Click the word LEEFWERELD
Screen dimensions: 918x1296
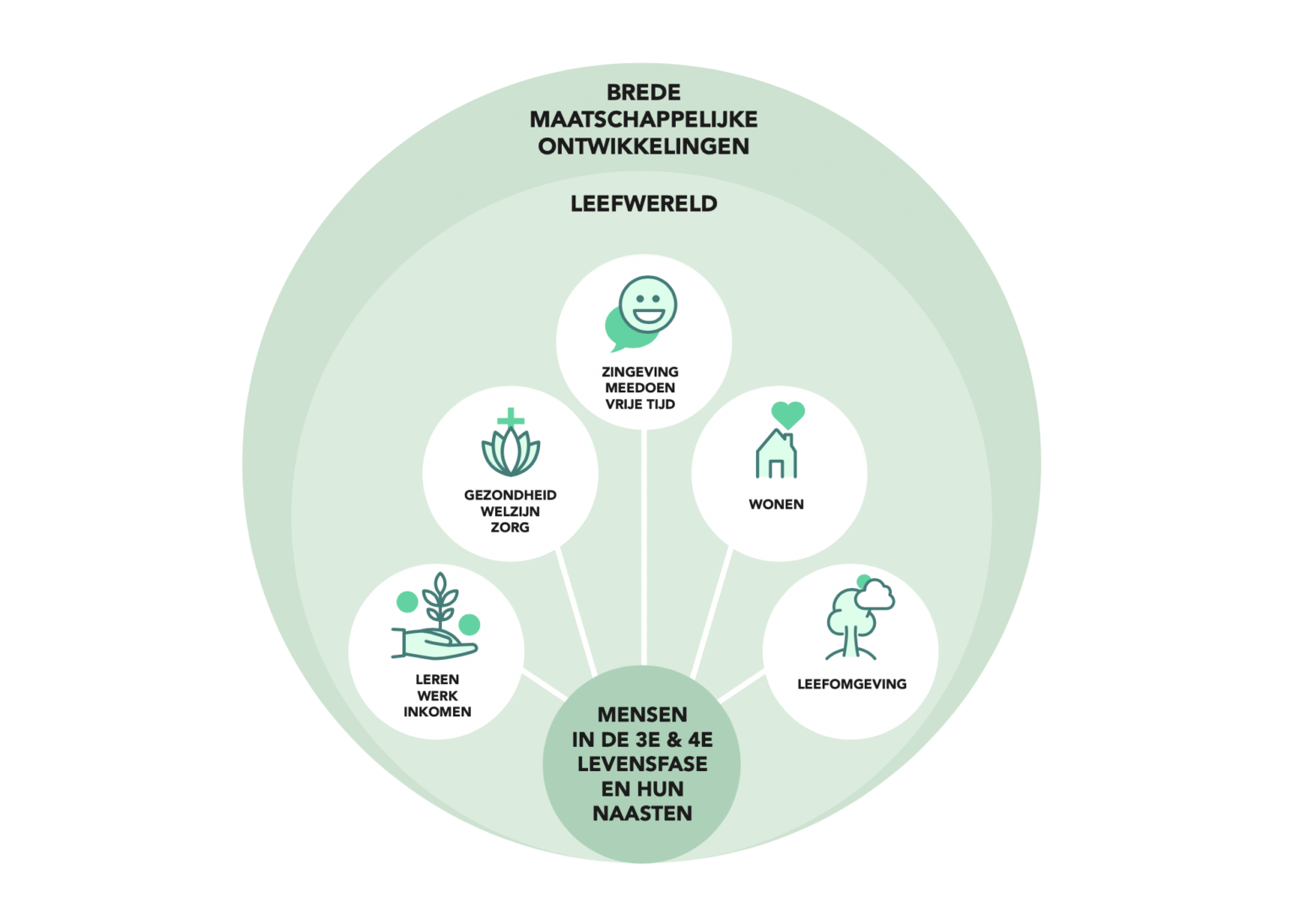click(x=644, y=203)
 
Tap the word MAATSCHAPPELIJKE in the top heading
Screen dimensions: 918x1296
click(x=644, y=119)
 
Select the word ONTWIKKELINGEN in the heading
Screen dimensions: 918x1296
click(x=644, y=146)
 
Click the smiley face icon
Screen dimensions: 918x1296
click(x=648, y=304)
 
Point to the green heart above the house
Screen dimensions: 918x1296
click(x=788, y=414)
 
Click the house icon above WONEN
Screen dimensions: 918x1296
click(x=776, y=456)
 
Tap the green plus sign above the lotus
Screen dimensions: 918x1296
click(x=510, y=418)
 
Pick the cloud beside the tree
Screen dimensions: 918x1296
click(x=875, y=595)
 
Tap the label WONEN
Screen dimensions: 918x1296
click(x=776, y=505)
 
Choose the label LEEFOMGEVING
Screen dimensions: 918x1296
click(x=852, y=684)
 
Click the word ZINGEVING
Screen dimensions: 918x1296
click(x=640, y=371)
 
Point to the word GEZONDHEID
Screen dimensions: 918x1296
click(x=510, y=495)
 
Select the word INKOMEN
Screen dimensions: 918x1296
click(x=437, y=712)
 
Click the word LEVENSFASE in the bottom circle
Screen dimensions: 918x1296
click(x=643, y=764)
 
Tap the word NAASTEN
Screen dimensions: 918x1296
click(x=643, y=813)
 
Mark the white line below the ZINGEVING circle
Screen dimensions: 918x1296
click(x=644, y=548)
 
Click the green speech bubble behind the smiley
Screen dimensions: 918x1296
click(x=620, y=333)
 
